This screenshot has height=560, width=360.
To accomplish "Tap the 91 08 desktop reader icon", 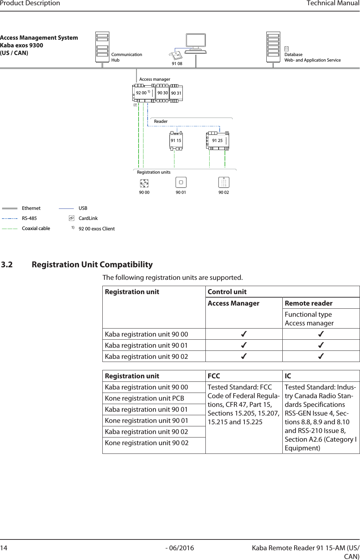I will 176,56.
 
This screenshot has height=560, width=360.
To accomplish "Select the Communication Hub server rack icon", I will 102,47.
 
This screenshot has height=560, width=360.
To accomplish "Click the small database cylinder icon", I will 287,49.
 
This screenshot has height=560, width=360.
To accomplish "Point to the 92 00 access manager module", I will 144,93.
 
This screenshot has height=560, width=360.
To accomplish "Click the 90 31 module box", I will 176,93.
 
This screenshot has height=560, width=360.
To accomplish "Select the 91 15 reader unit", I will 176,141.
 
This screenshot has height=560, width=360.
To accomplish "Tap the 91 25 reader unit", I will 218,141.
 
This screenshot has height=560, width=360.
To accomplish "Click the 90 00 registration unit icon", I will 144,183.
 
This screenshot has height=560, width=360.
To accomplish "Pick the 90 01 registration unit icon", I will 181,182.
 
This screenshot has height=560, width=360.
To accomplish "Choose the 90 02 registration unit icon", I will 224,182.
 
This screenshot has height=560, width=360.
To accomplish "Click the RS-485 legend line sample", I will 10,219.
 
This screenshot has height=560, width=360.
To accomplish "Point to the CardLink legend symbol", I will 71,218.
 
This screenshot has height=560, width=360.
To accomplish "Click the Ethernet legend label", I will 31,208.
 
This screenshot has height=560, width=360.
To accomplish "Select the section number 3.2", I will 7,265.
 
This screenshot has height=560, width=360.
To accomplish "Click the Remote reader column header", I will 308,303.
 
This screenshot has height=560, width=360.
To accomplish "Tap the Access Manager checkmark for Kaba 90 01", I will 244,345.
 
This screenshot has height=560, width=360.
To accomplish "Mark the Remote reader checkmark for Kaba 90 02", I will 321,356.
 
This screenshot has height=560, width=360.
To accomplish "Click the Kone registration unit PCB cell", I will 144,399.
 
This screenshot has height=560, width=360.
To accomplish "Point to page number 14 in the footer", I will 3,548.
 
